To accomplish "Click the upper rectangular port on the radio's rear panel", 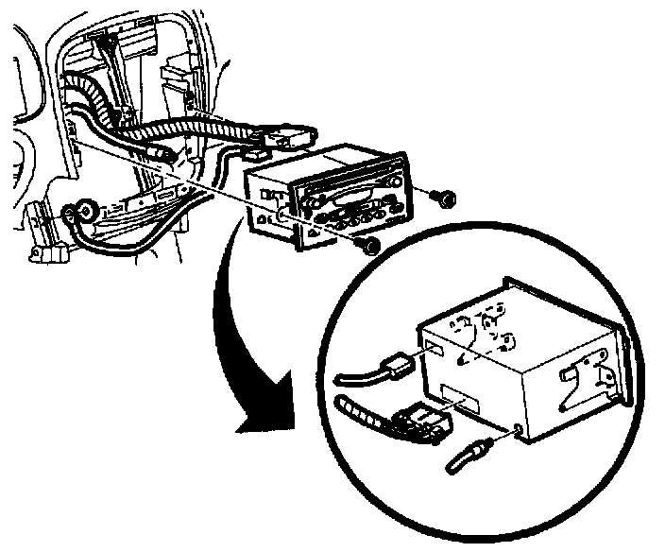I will [436, 351].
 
